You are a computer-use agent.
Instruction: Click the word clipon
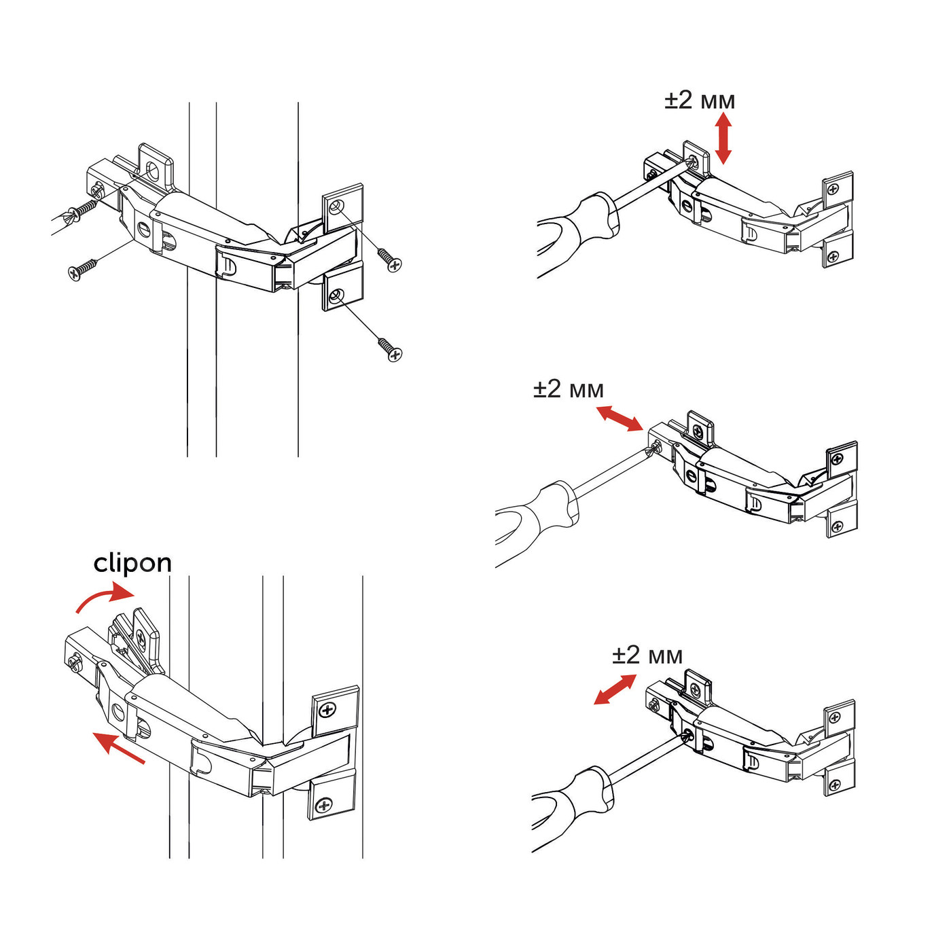click(x=132, y=564)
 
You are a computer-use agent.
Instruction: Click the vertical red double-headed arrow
click(x=723, y=138)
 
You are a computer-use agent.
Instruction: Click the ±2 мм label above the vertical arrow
click(x=700, y=100)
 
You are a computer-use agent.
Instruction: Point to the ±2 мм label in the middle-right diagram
click(x=569, y=389)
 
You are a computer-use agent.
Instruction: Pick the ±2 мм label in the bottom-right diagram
click(x=647, y=656)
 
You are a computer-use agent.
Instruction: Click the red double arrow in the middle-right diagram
click(x=620, y=418)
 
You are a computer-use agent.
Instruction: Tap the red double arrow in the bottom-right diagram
click(x=615, y=689)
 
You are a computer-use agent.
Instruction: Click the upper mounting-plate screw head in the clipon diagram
click(x=327, y=711)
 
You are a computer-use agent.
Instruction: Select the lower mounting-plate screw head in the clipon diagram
click(x=324, y=806)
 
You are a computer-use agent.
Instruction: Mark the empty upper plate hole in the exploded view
click(x=336, y=207)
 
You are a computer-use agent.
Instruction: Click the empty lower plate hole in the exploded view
click(x=336, y=295)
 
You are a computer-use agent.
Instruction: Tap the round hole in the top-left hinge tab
click(x=154, y=171)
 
